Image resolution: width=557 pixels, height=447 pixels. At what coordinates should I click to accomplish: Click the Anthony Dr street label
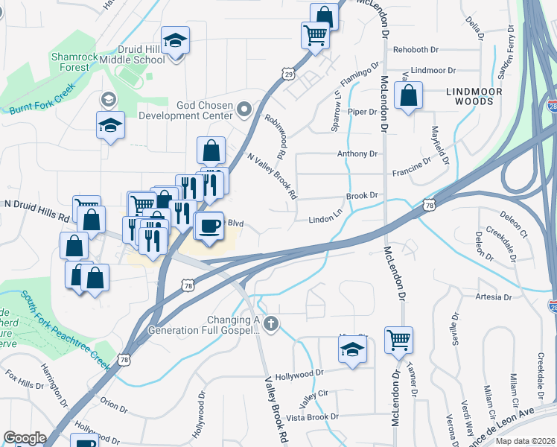tap(357, 153)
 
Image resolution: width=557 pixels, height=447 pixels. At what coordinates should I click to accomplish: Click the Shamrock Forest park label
tap(70, 62)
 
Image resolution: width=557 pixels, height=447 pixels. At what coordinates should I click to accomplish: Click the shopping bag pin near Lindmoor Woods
tap(408, 96)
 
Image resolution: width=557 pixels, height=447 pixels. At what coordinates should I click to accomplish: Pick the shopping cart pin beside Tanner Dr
tap(399, 340)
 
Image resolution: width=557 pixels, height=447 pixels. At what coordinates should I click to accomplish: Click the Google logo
tap(25, 438)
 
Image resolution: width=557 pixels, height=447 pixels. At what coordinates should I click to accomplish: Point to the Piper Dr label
tap(363, 112)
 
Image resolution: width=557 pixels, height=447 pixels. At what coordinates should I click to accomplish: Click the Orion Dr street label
tap(114, 403)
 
